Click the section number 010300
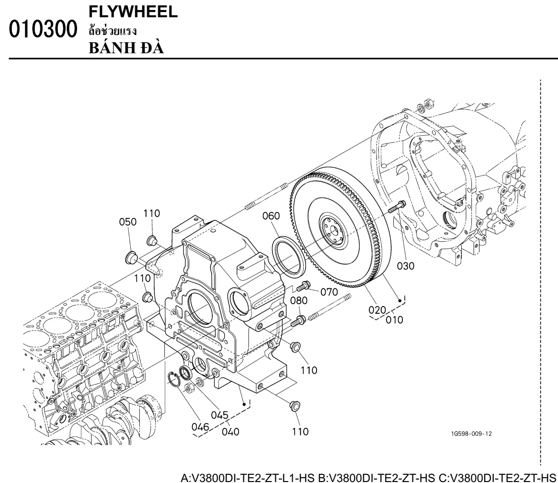(43, 29)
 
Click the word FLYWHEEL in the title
(133, 12)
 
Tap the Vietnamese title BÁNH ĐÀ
(126, 48)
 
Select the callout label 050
(128, 222)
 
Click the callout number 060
(271, 216)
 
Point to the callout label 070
(329, 292)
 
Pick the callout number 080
(298, 300)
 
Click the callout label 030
(406, 266)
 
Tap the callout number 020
(377, 310)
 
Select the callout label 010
(395, 319)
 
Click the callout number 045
(219, 415)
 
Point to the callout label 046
(200, 427)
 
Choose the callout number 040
(230, 432)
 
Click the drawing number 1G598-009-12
(471, 434)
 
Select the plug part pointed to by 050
(131, 258)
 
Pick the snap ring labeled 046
(174, 378)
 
